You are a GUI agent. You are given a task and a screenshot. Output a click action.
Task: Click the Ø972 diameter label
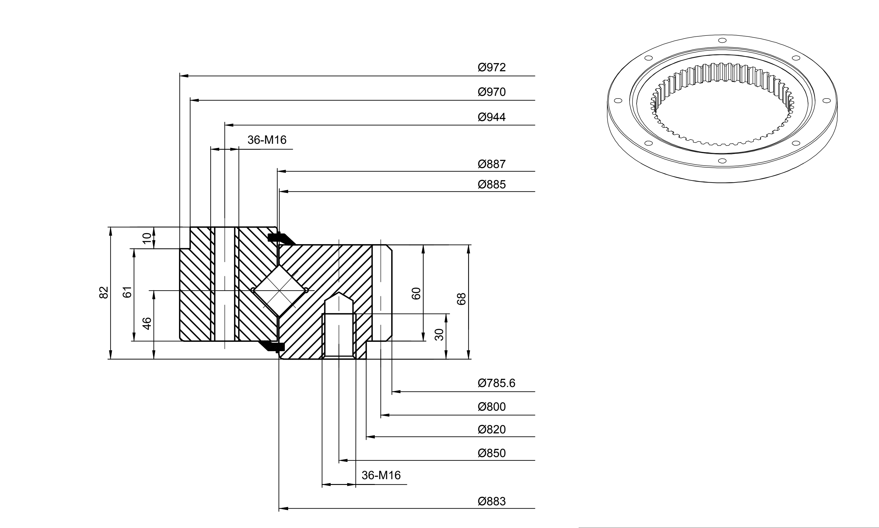[491, 67]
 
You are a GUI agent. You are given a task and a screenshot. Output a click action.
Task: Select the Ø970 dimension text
[491, 92]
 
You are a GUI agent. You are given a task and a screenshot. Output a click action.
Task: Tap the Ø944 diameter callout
[491, 117]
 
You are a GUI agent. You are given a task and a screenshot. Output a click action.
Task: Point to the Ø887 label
[491, 164]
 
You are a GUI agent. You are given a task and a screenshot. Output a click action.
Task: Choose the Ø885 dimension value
[491, 184]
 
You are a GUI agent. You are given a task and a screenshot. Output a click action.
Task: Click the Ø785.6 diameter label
[496, 383]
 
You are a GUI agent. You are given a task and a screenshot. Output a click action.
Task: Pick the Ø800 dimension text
[491, 407]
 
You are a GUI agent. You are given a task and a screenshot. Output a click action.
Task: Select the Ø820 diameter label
[491, 429]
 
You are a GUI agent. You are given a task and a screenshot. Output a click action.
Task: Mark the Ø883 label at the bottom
[491, 501]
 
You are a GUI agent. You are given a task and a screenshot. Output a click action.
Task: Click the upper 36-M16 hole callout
[267, 140]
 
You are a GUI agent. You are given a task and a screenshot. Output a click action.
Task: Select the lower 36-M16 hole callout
[381, 475]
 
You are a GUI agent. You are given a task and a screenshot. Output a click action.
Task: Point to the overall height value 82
[103, 292]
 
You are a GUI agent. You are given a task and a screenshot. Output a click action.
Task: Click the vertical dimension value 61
[127, 292]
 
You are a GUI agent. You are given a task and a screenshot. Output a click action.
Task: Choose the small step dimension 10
[147, 238]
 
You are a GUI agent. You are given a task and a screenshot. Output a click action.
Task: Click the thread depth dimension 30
[439, 335]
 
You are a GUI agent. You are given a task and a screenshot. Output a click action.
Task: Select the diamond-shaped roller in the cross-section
[279, 291]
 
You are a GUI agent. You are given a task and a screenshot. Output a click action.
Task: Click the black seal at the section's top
[281, 238]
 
